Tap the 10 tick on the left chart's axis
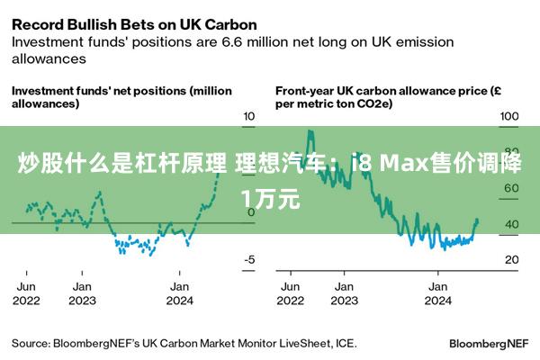pos(250,116)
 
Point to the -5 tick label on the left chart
pos(249,259)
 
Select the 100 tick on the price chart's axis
pos(509,116)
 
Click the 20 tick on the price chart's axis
pos(509,259)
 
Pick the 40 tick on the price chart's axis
pos(509,224)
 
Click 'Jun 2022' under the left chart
pos(26,292)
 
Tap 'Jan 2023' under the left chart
pos(82,292)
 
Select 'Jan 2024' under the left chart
pos(180,292)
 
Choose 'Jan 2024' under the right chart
pos(437,292)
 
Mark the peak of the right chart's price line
pos(310,131)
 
